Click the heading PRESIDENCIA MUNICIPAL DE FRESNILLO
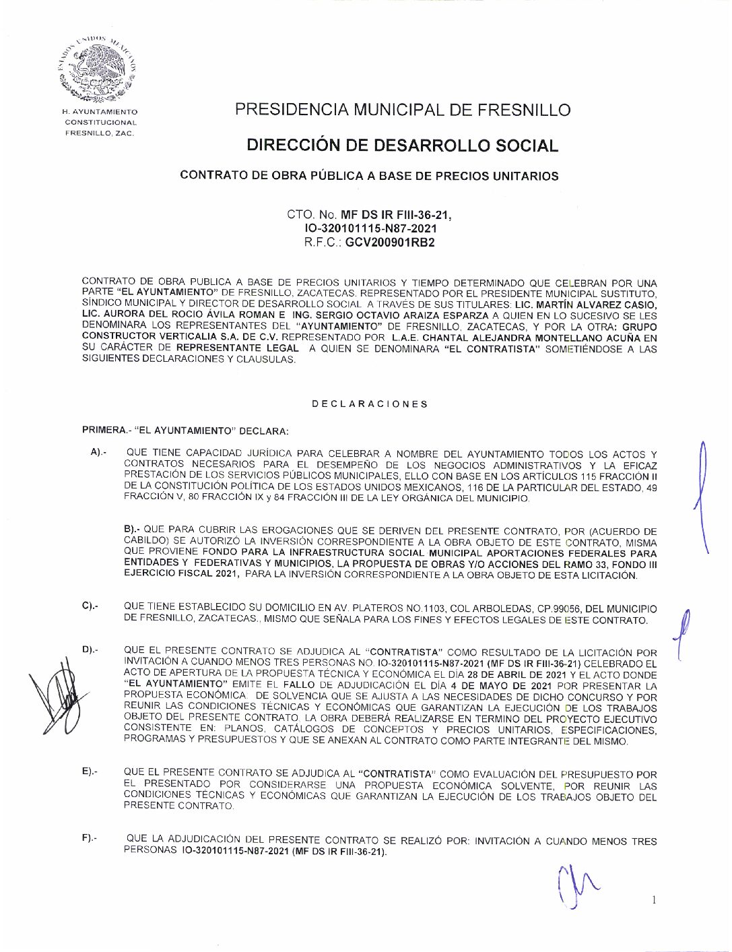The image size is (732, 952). point(402,110)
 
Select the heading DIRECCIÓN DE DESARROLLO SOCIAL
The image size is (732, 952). point(402,146)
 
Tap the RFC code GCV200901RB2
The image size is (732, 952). point(390,243)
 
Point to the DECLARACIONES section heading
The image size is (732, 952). point(370,404)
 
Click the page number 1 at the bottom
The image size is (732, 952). point(654,900)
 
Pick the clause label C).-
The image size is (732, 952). point(90,606)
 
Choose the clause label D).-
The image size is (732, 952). point(90,649)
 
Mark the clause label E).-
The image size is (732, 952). point(90,771)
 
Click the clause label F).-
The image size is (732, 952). point(90,837)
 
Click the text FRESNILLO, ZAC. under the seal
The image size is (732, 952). point(100,133)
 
